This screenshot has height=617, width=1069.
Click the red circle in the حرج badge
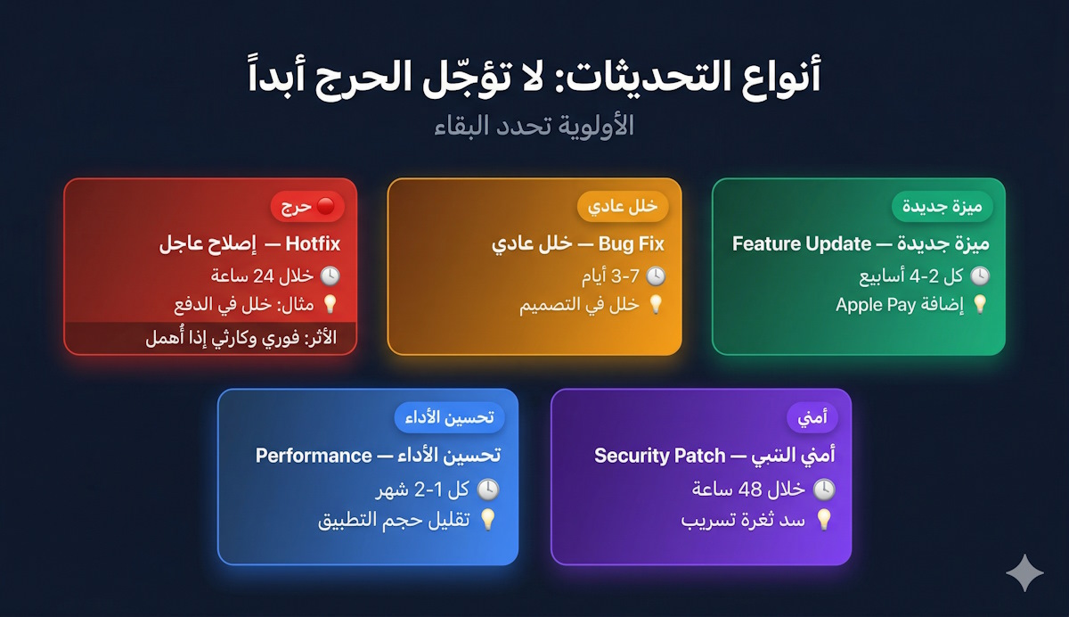pyautogui.click(x=325, y=208)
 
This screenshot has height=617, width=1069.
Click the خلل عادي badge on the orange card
pyautogui.click(x=623, y=207)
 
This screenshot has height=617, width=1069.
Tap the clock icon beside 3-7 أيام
pyautogui.click(x=655, y=276)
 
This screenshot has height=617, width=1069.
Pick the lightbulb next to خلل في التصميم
pyautogui.click(x=655, y=305)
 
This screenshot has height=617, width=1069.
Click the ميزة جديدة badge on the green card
pyautogui.click(x=942, y=207)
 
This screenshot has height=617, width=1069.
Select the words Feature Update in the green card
pyautogui.click(x=801, y=243)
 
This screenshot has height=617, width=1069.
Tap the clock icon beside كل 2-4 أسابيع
pyautogui.click(x=979, y=276)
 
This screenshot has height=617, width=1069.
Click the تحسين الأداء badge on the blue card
pyautogui.click(x=449, y=417)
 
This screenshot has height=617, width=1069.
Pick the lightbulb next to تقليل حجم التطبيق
pyautogui.click(x=487, y=519)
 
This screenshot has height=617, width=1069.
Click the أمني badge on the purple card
pyautogui.click(x=810, y=417)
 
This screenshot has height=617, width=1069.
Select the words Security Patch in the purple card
pyautogui.click(x=659, y=456)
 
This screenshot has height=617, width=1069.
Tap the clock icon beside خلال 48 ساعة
pyautogui.click(x=824, y=489)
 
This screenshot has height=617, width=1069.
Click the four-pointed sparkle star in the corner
pyautogui.click(x=1024, y=572)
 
